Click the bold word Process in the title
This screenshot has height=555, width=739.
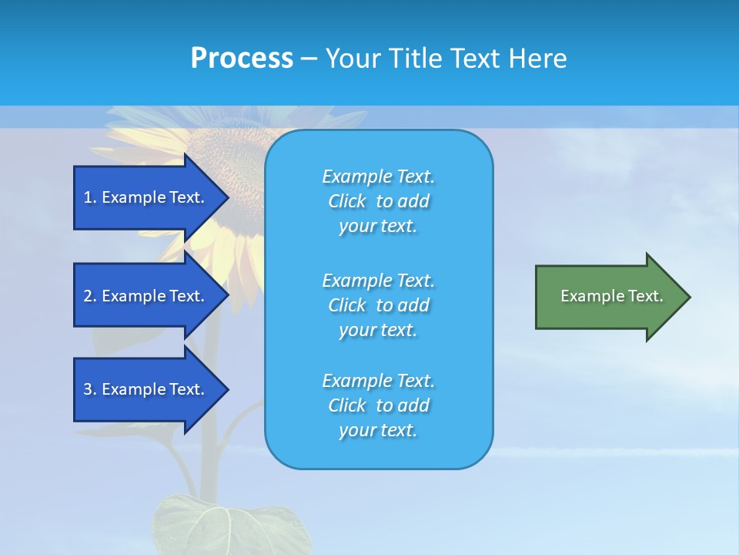click(x=242, y=59)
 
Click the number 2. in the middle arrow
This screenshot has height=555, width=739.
click(x=89, y=296)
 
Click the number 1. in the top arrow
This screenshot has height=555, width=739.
click(x=89, y=197)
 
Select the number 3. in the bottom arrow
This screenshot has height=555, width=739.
click(x=89, y=389)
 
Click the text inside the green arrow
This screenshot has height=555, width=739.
click(x=611, y=296)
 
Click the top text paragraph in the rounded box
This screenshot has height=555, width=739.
click(x=378, y=201)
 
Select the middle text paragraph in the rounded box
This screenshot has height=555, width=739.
click(x=378, y=305)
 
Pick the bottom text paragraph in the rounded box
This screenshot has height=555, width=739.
click(x=378, y=405)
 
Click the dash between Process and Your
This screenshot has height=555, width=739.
click(x=309, y=59)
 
